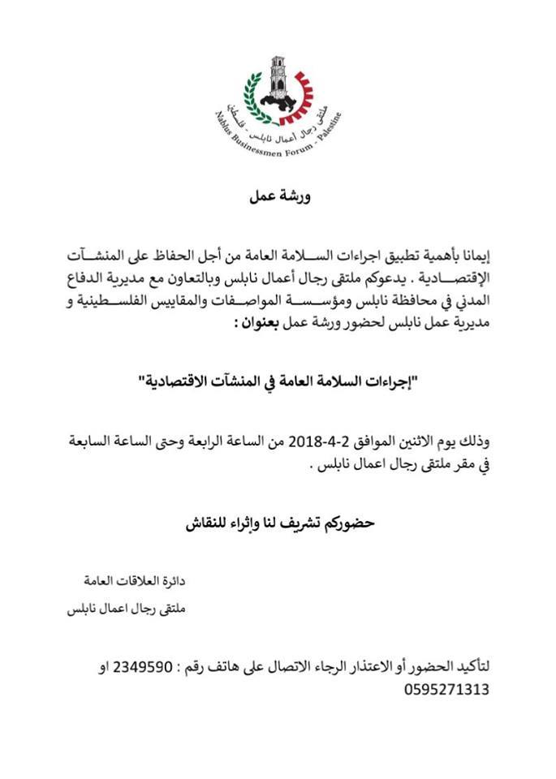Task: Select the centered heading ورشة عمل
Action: (x=278, y=196)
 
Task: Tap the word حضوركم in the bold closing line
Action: (x=347, y=524)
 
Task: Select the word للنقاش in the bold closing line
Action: (x=210, y=524)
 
